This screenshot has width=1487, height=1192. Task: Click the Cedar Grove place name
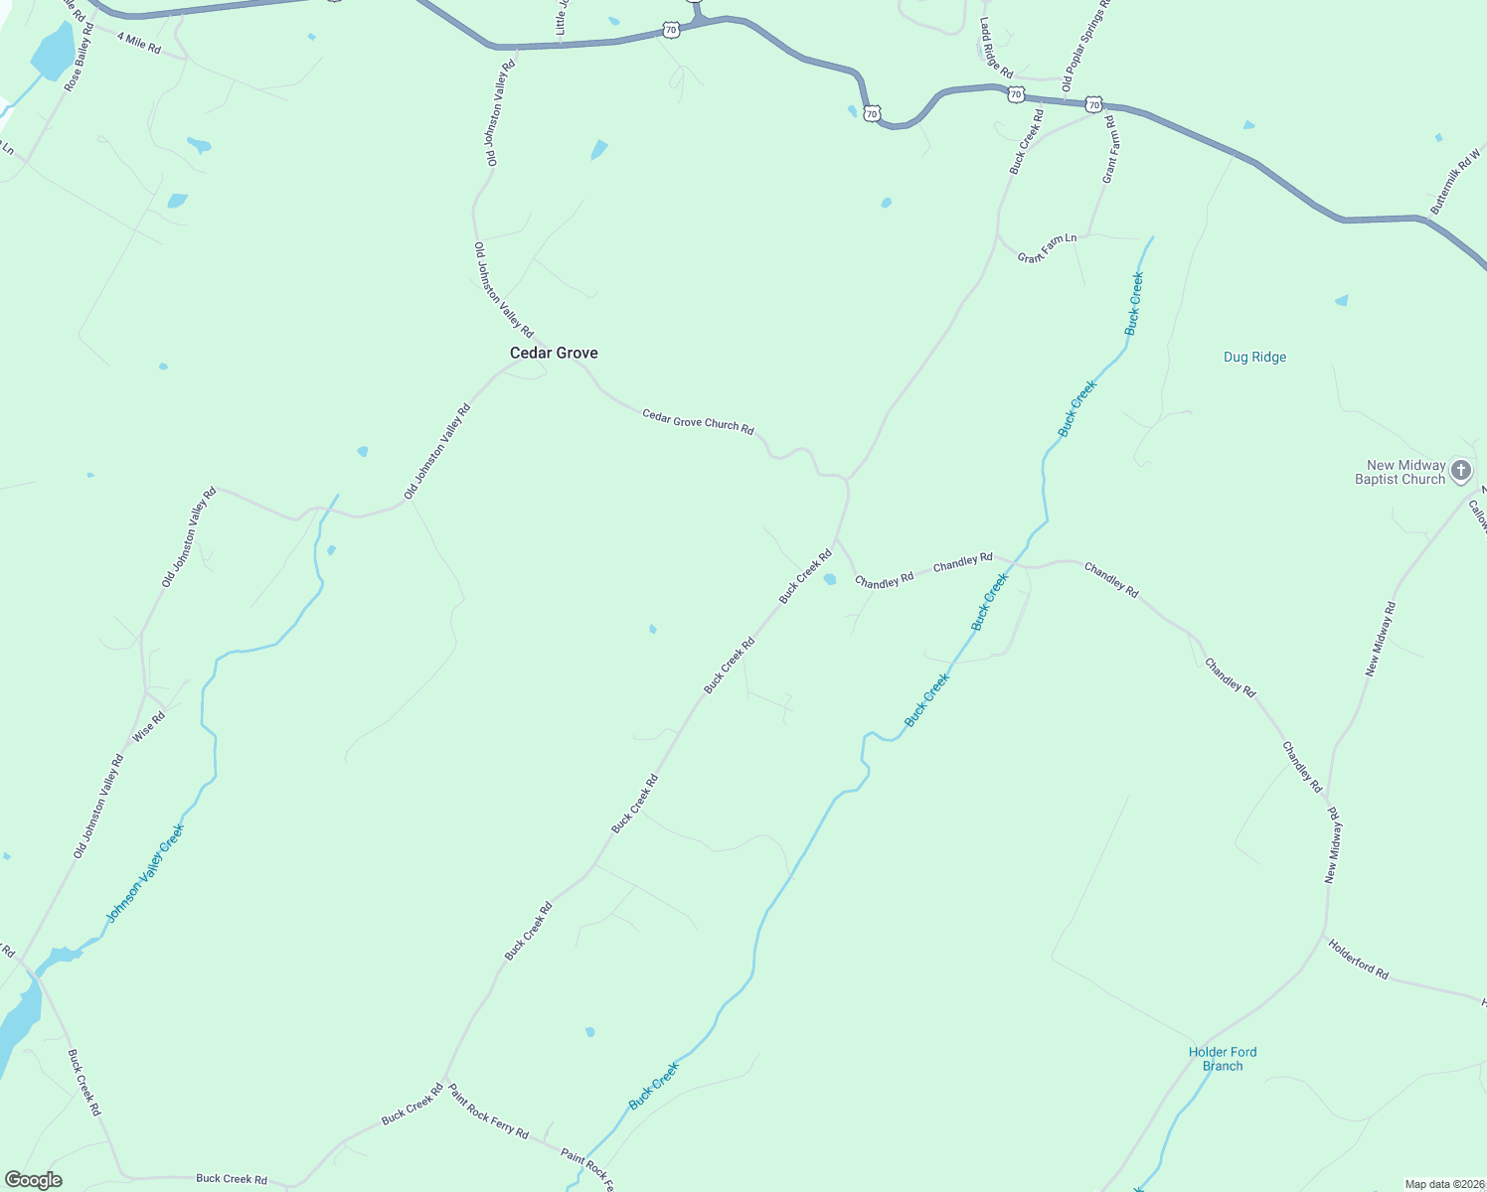click(554, 353)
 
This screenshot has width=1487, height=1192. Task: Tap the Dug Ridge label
click(1254, 357)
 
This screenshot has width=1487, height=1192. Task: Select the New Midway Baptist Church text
click(1400, 472)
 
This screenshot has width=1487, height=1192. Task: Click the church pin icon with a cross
click(1460, 470)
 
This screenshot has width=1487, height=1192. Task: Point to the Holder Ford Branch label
click(1223, 1059)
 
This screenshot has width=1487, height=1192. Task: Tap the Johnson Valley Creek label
click(145, 873)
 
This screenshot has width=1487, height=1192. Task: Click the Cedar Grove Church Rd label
click(698, 422)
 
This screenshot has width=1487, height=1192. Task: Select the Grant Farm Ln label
click(1047, 248)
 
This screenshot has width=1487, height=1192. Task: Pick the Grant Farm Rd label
click(1110, 149)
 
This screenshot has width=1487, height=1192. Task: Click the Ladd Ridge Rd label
click(995, 48)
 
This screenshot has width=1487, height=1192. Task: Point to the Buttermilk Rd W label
click(1455, 181)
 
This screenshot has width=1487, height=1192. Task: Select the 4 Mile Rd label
click(138, 42)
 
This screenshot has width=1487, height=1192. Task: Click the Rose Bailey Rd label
click(79, 58)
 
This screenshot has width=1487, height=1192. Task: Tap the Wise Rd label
click(149, 726)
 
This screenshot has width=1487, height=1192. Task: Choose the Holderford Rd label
click(1358, 959)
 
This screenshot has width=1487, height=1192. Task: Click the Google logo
click(33, 1180)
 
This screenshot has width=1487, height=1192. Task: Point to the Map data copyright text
click(1442, 1184)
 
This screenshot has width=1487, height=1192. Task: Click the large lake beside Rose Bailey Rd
click(54, 50)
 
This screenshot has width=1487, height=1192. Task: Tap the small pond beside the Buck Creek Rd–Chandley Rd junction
click(830, 579)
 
